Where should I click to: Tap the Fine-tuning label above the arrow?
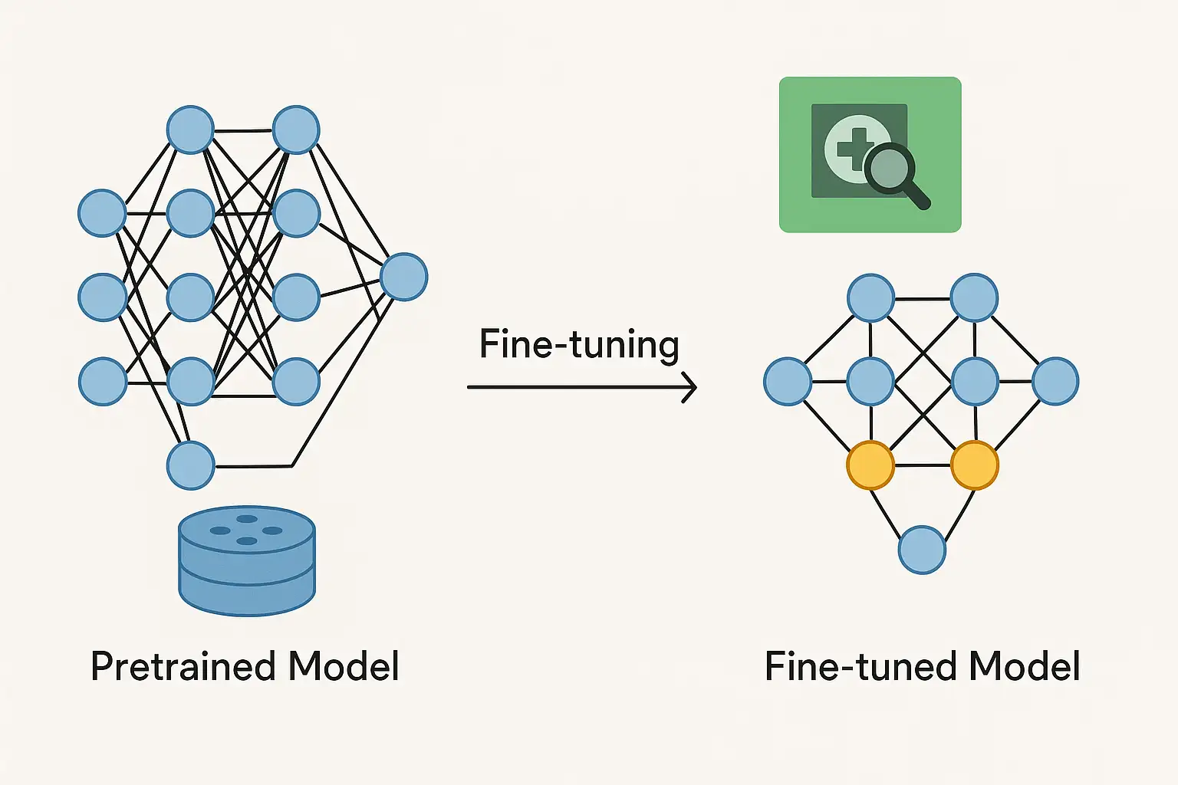[x=579, y=344]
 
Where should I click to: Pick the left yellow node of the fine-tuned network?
[x=870, y=465]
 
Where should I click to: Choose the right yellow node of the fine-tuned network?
[x=974, y=465]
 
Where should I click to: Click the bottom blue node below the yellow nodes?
[x=922, y=550]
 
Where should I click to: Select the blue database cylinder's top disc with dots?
[x=247, y=529]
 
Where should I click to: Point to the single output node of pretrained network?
[x=403, y=277]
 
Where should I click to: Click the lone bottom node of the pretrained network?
[x=191, y=465]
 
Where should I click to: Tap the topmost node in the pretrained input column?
[x=102, y=213]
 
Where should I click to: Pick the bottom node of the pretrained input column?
[x=102, y=381]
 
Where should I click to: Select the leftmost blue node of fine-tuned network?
[x=788, y=381]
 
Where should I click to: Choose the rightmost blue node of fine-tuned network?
[x=1055, y=381]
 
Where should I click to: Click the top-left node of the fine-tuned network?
[x=870, y=297]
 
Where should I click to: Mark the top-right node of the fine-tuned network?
[x=974, y=297]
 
